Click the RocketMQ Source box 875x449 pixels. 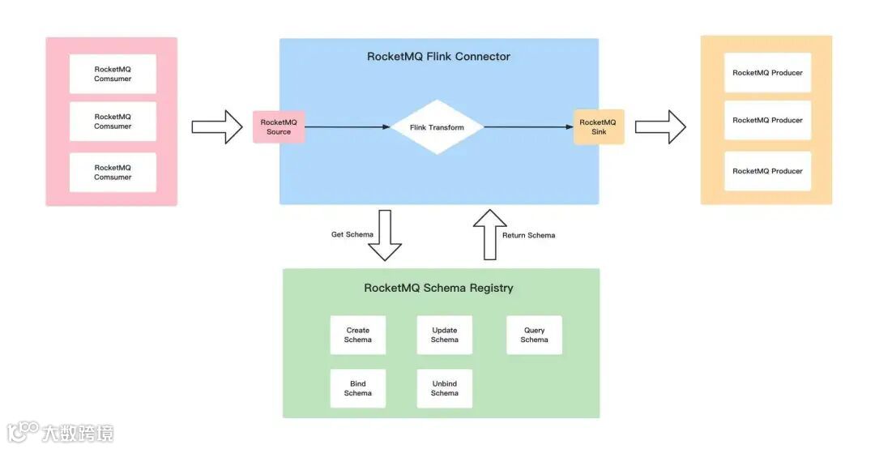(279, 127)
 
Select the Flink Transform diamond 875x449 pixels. (437, 127)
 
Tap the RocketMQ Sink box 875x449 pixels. (599, 127)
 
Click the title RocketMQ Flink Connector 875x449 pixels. (438, 57)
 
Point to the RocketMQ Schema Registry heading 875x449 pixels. (438, 288)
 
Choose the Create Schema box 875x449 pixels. (357, 335)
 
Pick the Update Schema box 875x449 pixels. (444, 335)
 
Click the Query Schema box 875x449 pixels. (534, 335)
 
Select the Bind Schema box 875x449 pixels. (357, 388)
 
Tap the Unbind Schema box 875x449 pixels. (444, 388)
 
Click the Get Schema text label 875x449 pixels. (352, 235)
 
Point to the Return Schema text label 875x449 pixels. (529, 235)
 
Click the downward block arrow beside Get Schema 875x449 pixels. (385, 236)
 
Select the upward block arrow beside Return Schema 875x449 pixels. (489, 234)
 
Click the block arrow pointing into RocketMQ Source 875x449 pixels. (217, 127)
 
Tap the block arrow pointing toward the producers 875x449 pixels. (660, 127)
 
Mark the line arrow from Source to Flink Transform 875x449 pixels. (348, 127)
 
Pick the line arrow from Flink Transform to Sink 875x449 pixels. (529, 127)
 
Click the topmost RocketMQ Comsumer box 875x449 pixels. (113, 74)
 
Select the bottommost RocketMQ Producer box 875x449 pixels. (767, 171)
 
